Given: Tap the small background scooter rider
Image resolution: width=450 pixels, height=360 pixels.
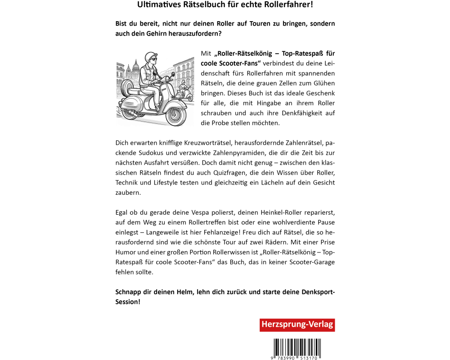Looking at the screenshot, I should click(x=183, y=88).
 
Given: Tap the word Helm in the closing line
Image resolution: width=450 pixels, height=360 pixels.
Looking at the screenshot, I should click(x=184, y=292).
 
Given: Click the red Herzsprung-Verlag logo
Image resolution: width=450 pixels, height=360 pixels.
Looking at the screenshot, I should click(x=297, y=325).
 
